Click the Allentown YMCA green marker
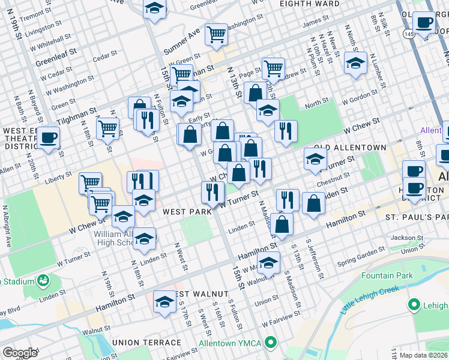(x=271, y=343)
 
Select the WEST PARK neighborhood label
(x=187, y=212)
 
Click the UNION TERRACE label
(x=146, y=343)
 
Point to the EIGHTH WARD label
(x=310, y=4)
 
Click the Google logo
(x=20, y=353)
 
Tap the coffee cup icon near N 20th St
(x=49, y=137)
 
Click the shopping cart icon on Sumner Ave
(x=216, y=34)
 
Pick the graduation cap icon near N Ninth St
(x=356, y=63)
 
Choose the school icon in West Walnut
(x=164, y=302)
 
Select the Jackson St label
(x=403, y=238)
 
